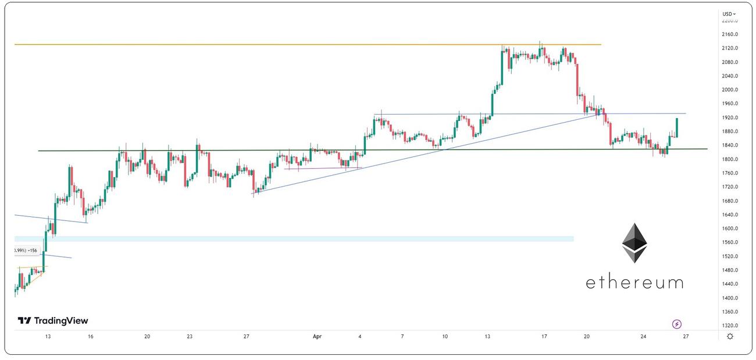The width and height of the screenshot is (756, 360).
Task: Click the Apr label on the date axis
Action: [317, 336]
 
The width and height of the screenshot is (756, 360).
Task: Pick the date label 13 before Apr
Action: [48, 336]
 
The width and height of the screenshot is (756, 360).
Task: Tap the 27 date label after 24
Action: [686, 336]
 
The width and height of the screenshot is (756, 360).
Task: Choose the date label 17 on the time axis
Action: [544, 336]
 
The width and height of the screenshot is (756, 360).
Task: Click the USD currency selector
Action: [729, 14]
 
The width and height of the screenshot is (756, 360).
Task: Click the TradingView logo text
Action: [54, 320]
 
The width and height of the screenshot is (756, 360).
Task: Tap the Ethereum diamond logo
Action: [634, 243]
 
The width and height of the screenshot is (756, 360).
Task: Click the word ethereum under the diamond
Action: [634, 283]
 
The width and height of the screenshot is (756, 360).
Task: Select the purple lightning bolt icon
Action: [677, 324]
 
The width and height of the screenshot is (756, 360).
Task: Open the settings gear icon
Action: [730, 336]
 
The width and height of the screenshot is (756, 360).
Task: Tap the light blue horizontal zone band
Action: [291, 239]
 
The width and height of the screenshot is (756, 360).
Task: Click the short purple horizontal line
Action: [323, 169]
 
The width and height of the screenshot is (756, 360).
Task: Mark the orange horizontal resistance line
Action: [291, 44]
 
